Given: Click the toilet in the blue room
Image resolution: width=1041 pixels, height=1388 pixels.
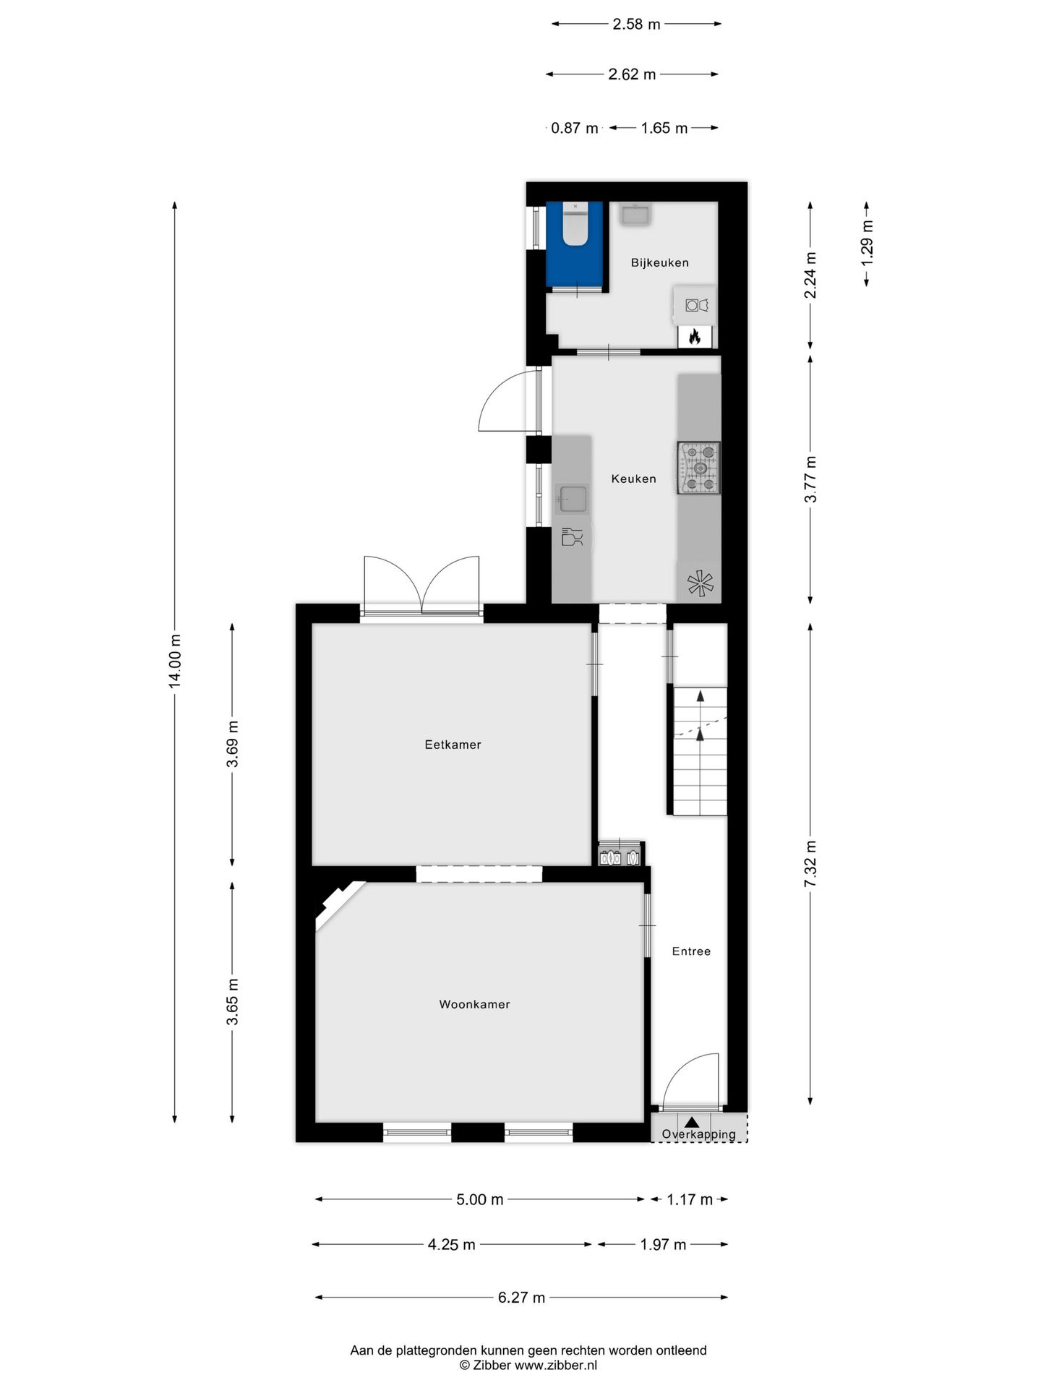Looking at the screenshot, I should [575, 226].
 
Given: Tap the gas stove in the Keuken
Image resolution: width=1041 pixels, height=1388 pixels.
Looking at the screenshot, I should [698, 468].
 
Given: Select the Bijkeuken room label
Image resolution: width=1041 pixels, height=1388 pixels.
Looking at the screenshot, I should [659, 262].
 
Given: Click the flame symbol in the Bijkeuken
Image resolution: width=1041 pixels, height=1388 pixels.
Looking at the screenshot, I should [695, 336].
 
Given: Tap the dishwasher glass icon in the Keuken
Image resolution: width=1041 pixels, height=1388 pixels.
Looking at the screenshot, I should [572, 537].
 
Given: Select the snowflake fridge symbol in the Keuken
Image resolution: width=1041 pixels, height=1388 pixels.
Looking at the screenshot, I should [700, 583].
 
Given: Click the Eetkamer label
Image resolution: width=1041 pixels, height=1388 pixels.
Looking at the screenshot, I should [453, 745].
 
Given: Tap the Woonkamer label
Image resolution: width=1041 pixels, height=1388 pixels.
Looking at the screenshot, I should [474, 1004].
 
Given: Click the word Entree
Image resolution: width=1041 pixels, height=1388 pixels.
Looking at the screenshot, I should [691, 951].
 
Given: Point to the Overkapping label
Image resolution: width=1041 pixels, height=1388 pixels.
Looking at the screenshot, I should [698, 1134].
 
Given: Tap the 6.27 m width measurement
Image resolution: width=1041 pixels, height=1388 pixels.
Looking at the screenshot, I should [521, 1298].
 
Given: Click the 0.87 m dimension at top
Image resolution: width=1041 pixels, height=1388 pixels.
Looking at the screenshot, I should [574, 128].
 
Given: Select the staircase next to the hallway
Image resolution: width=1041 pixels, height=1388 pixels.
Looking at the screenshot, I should [700, 752].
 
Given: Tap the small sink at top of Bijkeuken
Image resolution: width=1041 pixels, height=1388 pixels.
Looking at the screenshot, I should [636, 215].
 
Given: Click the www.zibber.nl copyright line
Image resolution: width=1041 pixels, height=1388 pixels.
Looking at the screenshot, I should [528, 1366].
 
